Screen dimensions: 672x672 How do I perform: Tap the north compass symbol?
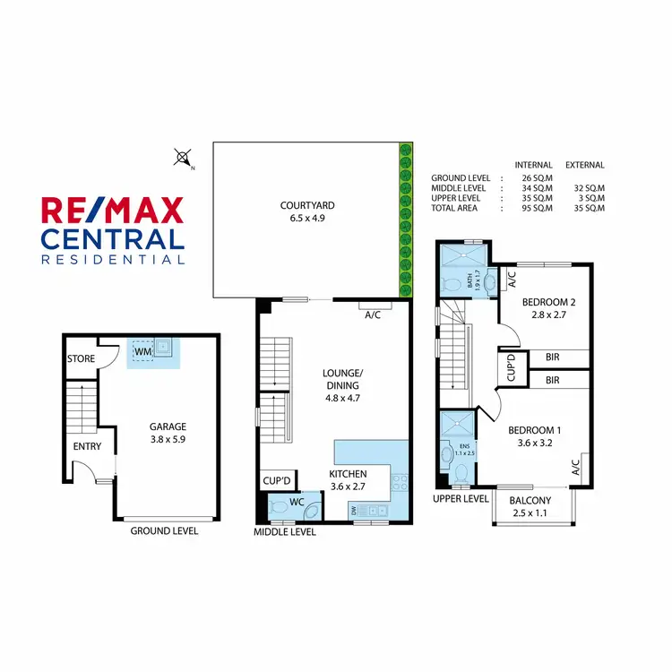[184, 159]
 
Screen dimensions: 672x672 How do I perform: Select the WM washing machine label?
[142, 352]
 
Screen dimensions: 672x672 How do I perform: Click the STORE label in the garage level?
[81, 359]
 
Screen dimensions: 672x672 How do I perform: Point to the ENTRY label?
[87, 446]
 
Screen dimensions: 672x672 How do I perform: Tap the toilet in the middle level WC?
[279, 509]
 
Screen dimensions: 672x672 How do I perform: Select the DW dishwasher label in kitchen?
[355, 510]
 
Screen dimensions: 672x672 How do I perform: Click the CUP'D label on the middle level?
[274, 481]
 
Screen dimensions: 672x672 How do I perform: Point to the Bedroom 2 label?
[549, 302]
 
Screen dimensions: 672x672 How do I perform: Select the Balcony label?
[530, 500]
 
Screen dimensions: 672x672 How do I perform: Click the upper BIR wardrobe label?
[553, 357]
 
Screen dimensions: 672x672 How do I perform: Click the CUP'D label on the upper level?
[510, 367]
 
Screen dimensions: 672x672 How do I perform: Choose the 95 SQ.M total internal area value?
[534, 208]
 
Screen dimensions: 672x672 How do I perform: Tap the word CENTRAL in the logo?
[112, 240]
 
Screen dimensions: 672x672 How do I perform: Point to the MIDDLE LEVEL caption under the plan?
[285, 531]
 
